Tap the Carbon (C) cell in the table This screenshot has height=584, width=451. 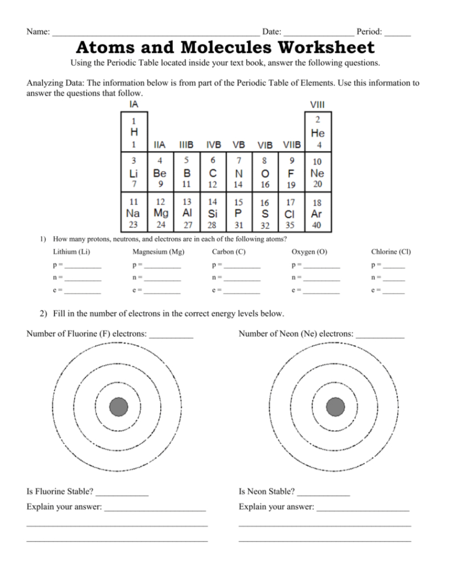pos(213,172)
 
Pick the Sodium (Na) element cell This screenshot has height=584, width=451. pos(134,213)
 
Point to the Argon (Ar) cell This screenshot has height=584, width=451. pos(317,213)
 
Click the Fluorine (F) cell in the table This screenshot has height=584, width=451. pos(291,172)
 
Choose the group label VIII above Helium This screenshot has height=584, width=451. pos(317,105)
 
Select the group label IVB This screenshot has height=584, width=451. pos(213,145)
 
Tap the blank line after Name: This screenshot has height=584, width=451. pos(156,33)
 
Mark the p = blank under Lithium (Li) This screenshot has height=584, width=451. pos(83,266)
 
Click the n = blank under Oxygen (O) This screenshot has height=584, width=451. pos(322,279)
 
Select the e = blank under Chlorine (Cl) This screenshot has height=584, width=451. pos(394,291)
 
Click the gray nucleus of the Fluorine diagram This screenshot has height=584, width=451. pos(119,407)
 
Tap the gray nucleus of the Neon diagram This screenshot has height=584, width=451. pos(335,407)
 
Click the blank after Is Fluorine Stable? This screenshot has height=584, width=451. pos(122,493)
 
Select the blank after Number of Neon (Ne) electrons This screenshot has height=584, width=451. pos(380,335)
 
